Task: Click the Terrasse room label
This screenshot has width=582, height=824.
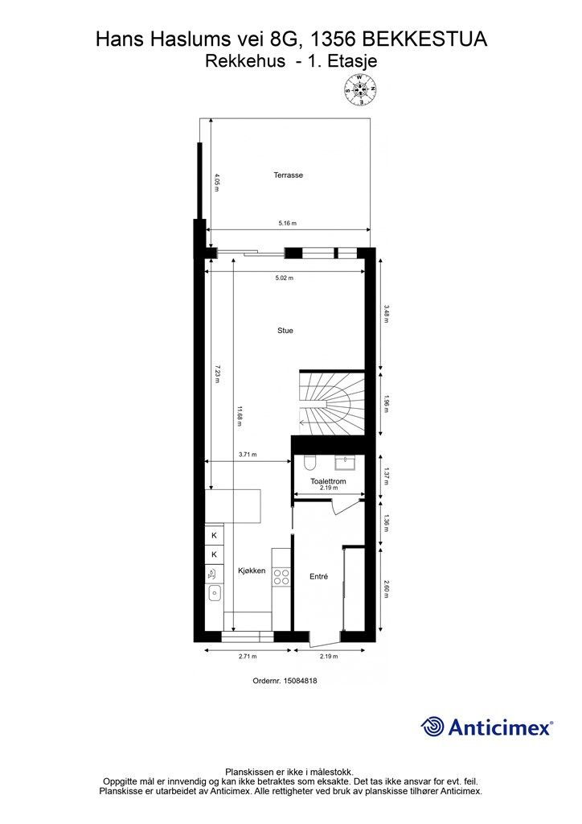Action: coord(288,175)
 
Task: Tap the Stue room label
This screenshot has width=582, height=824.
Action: coord(285,331)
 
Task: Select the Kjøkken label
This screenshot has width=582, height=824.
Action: coord(252,571)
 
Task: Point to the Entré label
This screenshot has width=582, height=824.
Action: coord(318,576)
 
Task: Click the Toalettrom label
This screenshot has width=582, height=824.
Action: coord(328,481)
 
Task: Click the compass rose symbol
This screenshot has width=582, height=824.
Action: coord(360,90)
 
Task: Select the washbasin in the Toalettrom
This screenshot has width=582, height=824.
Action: coord(346,463)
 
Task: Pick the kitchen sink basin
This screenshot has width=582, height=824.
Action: coord(214,594)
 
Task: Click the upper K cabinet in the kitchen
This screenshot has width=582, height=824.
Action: coord(214,535)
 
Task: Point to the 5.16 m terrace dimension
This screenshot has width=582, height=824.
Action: coord(288,224)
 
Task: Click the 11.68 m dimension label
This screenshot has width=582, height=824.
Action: coord(240,418)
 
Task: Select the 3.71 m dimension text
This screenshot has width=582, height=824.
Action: coord(247,455)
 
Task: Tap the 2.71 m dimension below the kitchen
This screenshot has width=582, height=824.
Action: coord(247,657)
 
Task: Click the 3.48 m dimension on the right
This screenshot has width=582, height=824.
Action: coord(386,314)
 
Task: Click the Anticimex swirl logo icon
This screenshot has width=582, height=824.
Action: coord(432,727)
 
